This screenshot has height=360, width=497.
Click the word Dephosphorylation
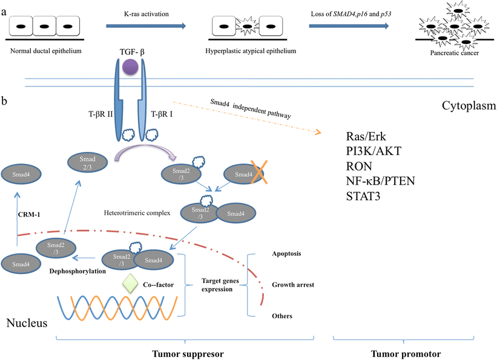coord(74,272)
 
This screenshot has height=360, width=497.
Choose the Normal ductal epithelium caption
coord(44,50)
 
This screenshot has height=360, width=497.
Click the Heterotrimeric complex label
coord(137,214)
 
